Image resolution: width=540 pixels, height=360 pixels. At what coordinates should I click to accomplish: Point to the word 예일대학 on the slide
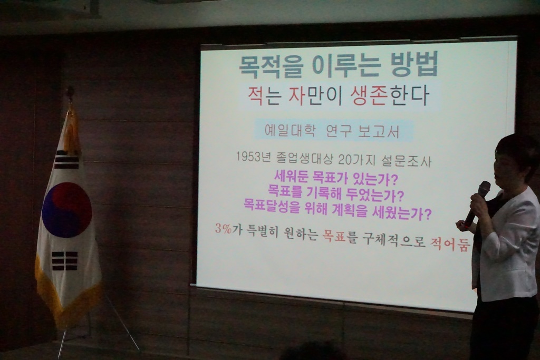pos(290,131)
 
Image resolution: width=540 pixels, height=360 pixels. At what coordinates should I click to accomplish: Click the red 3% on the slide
pos(224,229)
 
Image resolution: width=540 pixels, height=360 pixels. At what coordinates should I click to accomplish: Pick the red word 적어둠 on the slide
pos(450,244)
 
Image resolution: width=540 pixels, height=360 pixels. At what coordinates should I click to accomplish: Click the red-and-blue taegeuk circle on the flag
pos(67,210)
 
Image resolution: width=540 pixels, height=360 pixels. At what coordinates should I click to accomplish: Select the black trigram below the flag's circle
pos(65,261)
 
